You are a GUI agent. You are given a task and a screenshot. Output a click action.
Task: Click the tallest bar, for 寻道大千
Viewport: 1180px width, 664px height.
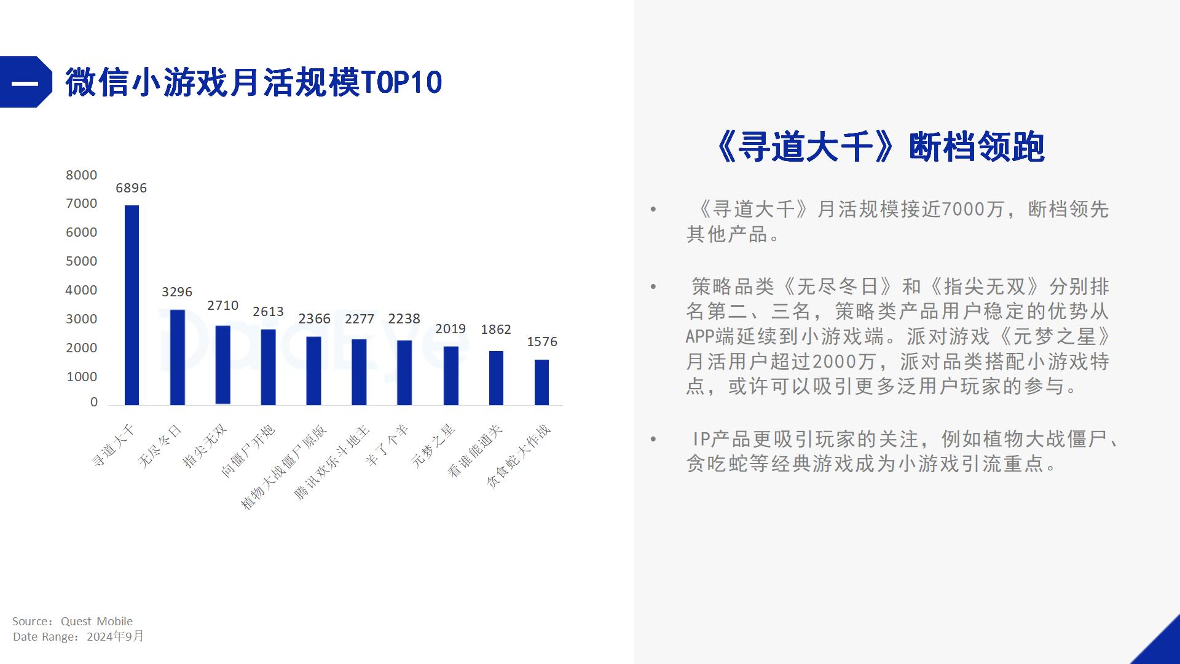(132, 305)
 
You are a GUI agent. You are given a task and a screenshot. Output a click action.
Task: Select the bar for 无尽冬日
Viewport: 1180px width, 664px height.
(177, 357)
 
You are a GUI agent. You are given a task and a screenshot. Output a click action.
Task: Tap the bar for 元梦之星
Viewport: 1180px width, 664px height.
(450, 376)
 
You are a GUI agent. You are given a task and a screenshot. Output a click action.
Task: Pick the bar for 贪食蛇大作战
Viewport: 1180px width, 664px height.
(541, 382)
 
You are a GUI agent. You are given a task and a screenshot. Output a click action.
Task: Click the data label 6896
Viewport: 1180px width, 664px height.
(131, 188)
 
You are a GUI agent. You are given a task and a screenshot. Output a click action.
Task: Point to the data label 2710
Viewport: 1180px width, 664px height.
(222, 306)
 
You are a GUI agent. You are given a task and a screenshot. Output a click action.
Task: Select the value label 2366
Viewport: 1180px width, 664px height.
(314, 318)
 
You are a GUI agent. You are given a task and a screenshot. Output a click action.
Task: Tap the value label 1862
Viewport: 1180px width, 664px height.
(496, 330)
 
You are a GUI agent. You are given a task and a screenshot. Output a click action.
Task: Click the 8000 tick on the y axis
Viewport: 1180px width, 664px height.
(82, 175)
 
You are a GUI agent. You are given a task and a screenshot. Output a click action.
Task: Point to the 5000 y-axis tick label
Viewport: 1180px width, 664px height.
(82, 261)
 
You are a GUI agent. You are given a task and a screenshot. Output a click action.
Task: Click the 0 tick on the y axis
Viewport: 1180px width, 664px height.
(94, 402)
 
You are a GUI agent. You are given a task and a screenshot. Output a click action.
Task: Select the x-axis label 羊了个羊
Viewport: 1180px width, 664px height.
(387, 445)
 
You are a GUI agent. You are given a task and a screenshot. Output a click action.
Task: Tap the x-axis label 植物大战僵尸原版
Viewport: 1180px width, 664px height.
(284, 467)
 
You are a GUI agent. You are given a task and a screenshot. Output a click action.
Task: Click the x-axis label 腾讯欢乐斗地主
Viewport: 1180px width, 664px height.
(332, 462)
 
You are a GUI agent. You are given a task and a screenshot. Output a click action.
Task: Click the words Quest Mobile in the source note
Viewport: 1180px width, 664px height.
(96, 621)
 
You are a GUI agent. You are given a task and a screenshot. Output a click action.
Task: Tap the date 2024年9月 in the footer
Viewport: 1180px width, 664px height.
(115, 636)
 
